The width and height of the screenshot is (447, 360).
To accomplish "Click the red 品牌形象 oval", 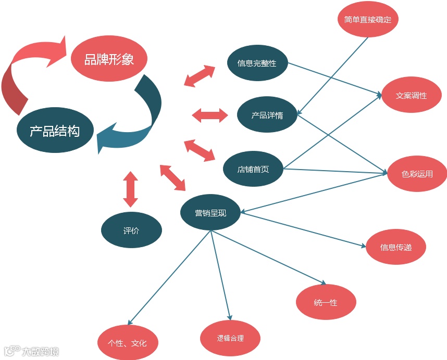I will click(109, 59).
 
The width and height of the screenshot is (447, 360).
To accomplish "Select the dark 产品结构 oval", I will click(55, 131).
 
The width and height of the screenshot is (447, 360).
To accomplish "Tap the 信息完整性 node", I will click(257, 63).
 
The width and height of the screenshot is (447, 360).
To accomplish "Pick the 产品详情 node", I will click(267, 115).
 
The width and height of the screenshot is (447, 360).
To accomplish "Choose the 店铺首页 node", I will click(253, 169).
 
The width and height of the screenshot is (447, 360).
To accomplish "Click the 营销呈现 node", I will click(210, 213).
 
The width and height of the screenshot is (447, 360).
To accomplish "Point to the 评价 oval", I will click(131, 230).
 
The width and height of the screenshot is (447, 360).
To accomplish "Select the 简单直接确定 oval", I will click(368, 20).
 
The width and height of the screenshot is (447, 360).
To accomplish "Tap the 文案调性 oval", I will click(412, 95).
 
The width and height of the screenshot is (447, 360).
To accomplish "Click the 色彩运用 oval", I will click(417, 174).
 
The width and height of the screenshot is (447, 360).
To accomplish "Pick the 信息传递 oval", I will click(396, 247).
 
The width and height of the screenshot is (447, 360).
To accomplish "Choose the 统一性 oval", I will click(326, 302).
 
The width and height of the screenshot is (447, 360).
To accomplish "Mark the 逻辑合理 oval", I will click(230, 338).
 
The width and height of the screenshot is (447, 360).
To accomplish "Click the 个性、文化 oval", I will click(127, 343).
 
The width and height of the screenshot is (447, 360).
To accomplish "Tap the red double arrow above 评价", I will click(130, 189).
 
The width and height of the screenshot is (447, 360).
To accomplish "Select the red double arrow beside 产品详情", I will click(210, 115).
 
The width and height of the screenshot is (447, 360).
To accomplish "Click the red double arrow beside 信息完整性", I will click(200, 76).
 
